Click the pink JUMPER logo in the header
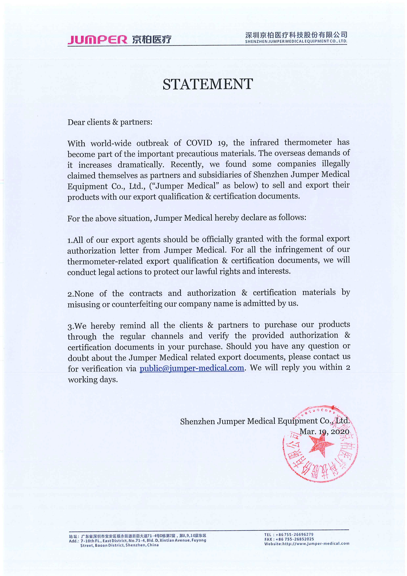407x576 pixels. (x=97, y=40)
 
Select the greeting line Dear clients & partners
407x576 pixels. (x=110, y=122)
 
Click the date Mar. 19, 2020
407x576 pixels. (x=324, y=432)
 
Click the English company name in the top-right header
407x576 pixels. (x=296, y=41)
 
